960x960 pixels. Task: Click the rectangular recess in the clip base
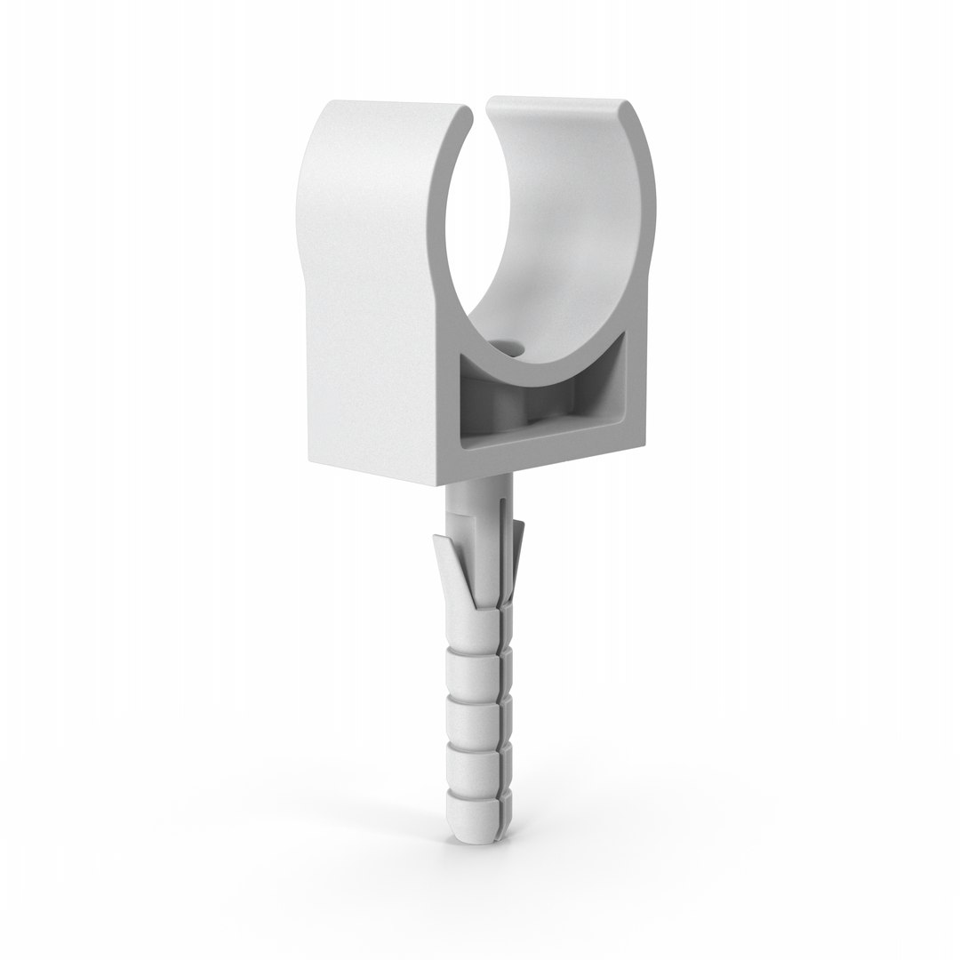pos(533,400)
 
